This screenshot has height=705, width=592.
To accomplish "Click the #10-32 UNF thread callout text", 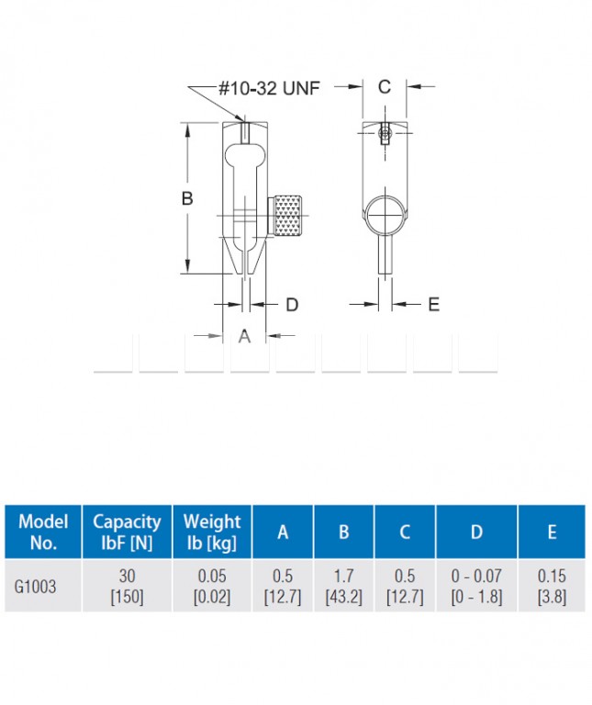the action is point(269,88).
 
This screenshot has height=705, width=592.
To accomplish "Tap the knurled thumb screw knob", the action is point(287,216).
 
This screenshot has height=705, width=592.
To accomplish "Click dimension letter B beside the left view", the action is point(187,198).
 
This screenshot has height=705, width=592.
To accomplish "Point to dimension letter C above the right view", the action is point(385,87).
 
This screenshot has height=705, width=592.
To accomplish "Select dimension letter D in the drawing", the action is point(292,305).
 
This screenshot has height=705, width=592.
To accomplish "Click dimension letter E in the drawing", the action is point(434,305).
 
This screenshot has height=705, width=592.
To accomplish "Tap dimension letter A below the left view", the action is point(244,335).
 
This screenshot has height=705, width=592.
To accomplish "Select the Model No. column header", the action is point(43,532).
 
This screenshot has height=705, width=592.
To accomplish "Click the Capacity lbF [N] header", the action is point(127,532).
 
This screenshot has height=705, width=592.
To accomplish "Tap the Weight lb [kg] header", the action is point(212,532).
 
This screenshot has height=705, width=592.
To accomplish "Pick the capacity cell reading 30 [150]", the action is point(127,586).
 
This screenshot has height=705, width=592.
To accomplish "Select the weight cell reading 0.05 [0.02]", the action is point(212,586).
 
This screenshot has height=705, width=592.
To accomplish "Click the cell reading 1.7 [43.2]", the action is point(343,586).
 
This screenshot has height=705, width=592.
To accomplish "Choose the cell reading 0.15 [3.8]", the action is point(552,586).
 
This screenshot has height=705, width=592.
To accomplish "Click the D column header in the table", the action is point(476,532).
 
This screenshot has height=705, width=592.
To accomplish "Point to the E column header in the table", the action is point(552,532).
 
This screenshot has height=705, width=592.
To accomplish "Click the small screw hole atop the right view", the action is point(385,133).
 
